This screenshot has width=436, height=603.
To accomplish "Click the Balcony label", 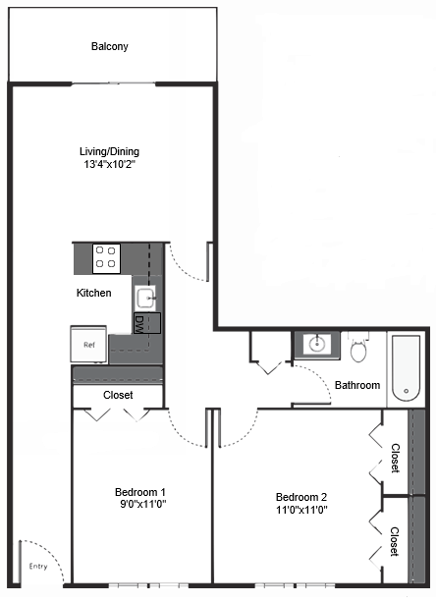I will click(x=109, y=46).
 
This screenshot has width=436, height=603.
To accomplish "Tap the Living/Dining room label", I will click(x=109, y=151).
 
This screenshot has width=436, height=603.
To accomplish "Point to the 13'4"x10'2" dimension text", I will click(x=109, y=165).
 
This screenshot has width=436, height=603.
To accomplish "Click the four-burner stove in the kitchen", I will click(x=106, y=259).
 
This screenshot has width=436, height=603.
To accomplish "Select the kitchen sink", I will click(x=145, y=298).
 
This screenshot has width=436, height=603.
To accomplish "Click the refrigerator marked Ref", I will click(x=88, y=345).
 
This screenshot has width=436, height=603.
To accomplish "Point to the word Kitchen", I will click(x=94, y=293).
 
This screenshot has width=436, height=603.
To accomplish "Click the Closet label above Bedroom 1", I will click(x=118, y=395).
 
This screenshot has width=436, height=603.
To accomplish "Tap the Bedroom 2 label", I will click(x=300, y=496).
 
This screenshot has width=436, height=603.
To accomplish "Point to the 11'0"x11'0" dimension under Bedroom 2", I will click(x=300, y=510).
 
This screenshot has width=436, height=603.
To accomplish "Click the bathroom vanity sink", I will click(x=316, y=345).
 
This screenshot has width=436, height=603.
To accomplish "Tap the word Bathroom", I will click(x=357, y=385).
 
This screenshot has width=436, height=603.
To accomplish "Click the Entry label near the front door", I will click(x=37, y=566).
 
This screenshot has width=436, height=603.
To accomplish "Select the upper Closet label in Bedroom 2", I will click(x=395, y=458).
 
